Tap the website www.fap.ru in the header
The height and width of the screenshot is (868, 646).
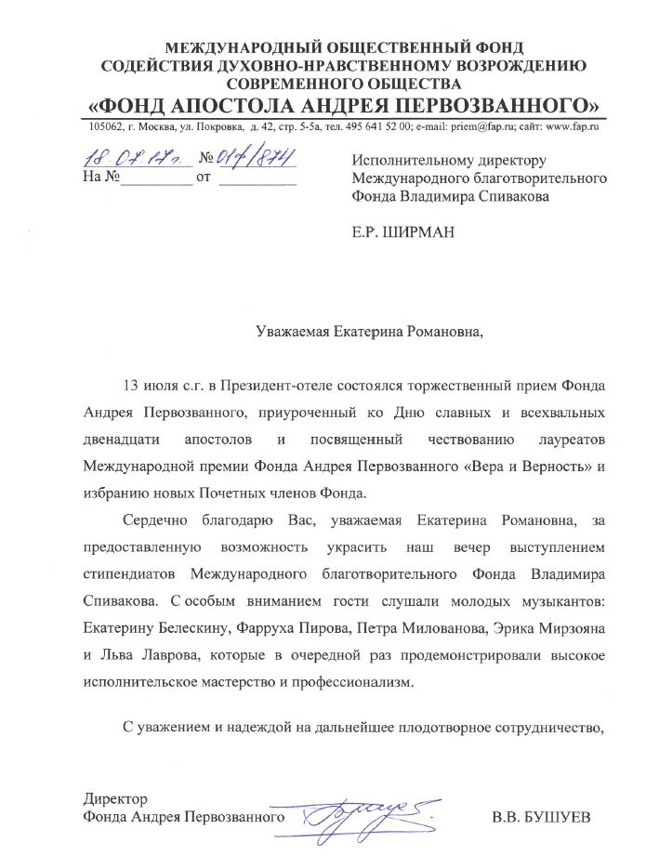[x=574, y=126]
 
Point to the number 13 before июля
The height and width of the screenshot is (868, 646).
[x=133, y=385]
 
